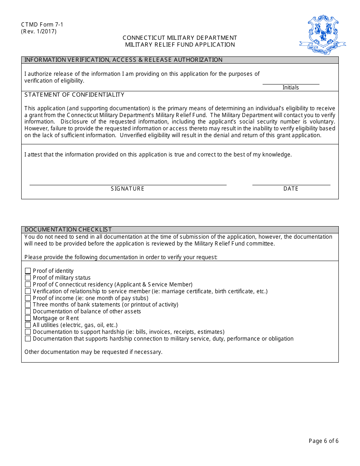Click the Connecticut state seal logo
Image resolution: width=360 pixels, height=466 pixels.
[x=322, y=35]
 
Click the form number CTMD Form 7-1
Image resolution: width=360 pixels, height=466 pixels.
[x=42, y=25]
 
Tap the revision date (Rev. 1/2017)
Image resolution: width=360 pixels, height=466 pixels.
[x=39, y=31]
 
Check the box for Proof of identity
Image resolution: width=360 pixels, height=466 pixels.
[x=28, y=271]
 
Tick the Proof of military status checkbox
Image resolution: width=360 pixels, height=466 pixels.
[x=28, y=278]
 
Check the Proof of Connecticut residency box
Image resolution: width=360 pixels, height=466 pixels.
[x=28, y=285]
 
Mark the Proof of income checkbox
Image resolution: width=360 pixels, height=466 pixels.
[x=28, y=298]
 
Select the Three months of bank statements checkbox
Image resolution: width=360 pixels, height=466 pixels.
[x=28, y=305]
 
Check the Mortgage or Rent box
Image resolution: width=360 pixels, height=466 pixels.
[x=28, y=318]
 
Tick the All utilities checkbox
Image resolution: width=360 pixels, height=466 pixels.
[x=28, y=325]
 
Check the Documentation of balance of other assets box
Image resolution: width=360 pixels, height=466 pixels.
[x=28, y=311]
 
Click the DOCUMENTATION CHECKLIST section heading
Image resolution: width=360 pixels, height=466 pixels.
[x=68, y=230]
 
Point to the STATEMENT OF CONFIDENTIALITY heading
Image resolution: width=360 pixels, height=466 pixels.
[x=74, y=95]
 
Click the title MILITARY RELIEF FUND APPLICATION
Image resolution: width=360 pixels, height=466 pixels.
[x=180, y=45]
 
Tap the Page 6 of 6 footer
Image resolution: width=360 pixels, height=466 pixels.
[x=323, y=441]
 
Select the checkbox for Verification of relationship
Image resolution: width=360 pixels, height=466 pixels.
[x=28, y=291]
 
